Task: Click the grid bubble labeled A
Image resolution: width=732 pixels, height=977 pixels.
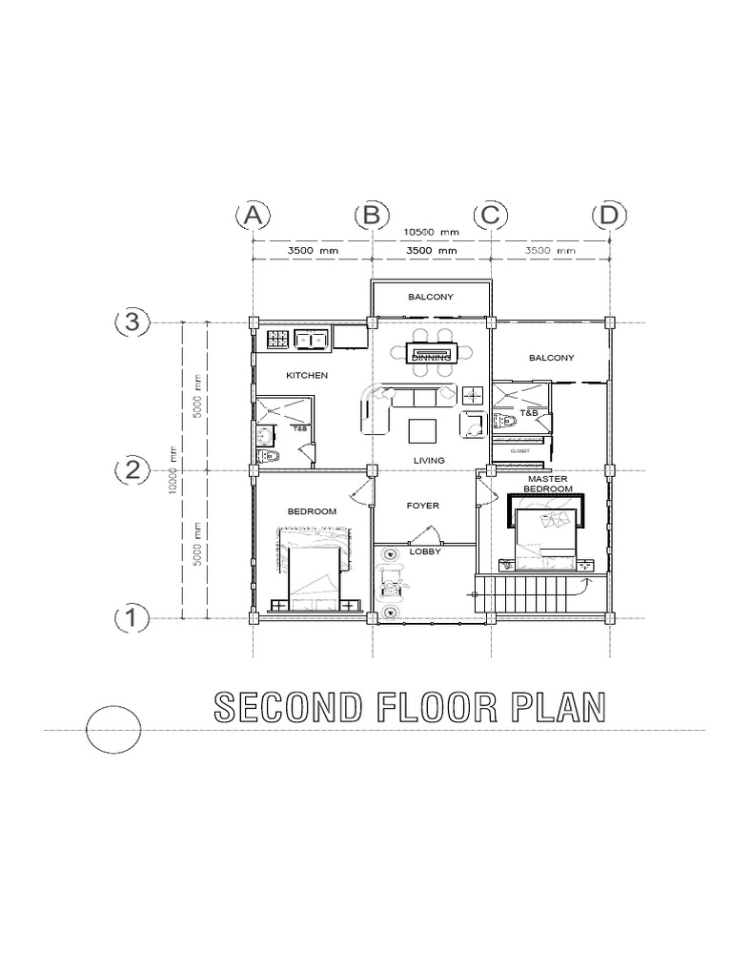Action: click(x=252, y=217)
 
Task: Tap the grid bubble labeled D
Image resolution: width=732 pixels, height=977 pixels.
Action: click(x=609, y=217)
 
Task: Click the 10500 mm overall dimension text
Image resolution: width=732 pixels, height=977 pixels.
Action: click(x=431, y=232)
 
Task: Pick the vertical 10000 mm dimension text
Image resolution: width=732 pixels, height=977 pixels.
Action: click(x=173, y=470)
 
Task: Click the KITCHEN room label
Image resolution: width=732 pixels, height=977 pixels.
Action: click(x=307, y=376)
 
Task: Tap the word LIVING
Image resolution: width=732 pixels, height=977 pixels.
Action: click(x=429, y=460)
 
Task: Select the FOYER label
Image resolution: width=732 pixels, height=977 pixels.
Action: click(x=423, y=506)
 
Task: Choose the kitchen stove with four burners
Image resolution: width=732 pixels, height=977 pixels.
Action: click(x=277, y=338)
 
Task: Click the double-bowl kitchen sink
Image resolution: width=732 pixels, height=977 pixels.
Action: click(x=312, y=338)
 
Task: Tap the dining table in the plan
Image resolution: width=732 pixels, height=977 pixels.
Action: click(x=432, y=352)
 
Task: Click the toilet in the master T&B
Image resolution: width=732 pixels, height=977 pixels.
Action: click(x=505, y=421)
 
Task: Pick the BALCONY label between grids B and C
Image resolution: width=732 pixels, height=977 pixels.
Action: click(x=431, y=297)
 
